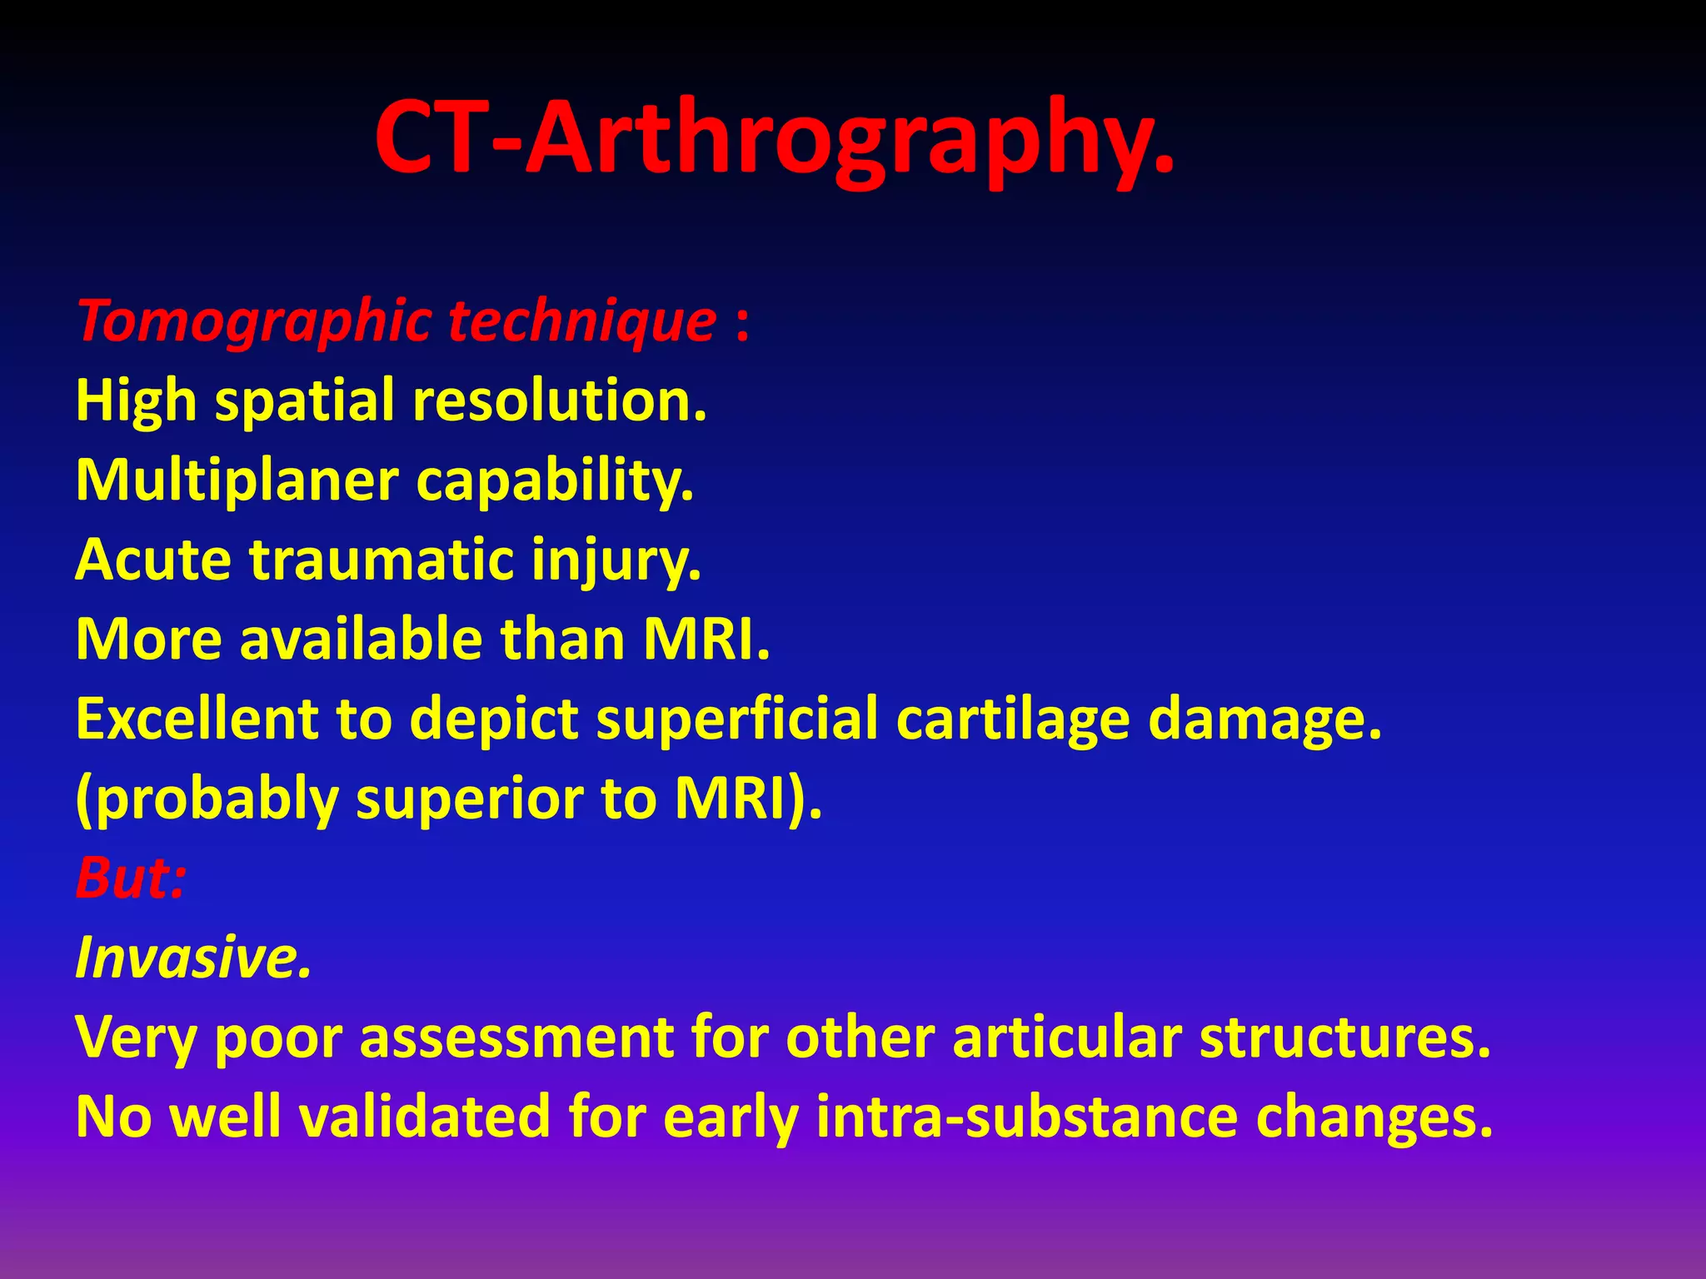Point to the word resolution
(x=559, y=401)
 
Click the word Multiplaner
(x=237, y=480)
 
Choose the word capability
(x=554, y=480)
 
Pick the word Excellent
(x=197, y=719)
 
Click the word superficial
(x=736, y=719)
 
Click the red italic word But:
(x=130, y=878)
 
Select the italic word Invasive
(x=192, y=958)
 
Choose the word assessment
(x=516, y=1038)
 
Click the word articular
(x=1066, y=1038)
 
